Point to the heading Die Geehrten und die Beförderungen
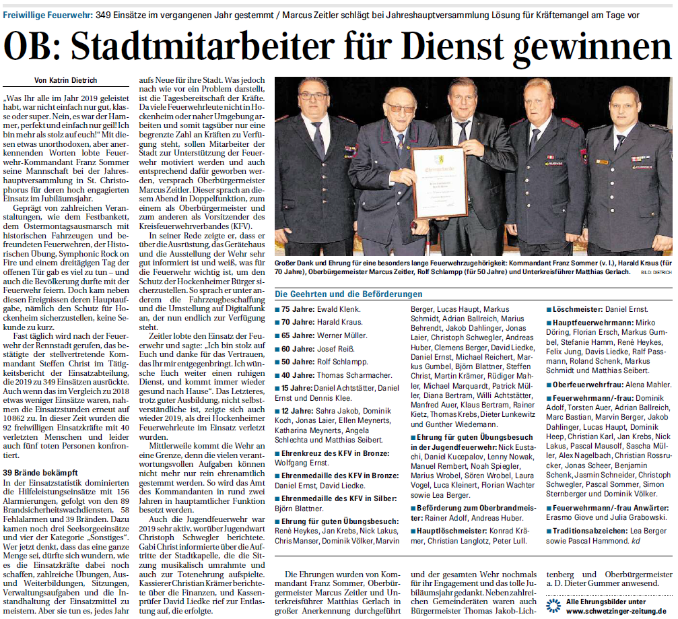click(349, 294)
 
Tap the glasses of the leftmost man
click(314, 96)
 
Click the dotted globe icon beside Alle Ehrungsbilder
click(553, 605)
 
